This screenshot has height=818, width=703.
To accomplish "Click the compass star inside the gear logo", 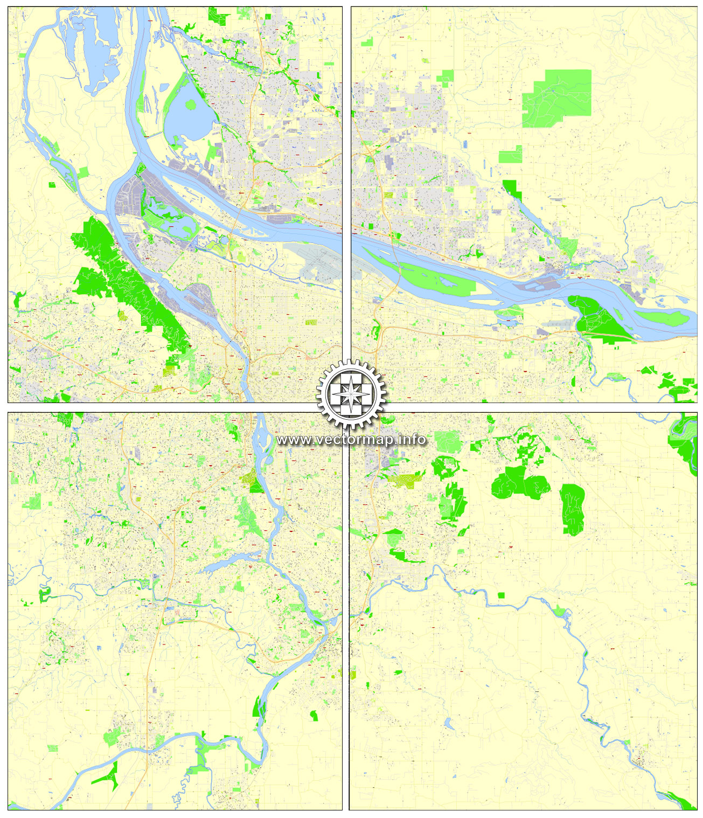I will pyautogui.click(x=351, y=393).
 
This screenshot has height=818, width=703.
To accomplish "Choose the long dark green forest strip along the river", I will pyautogui.click(x=132, y=280).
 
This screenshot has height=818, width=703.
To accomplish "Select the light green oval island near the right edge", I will pyautogui.click(x=663, y=318).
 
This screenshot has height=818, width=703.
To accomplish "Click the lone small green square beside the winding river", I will pyautogui.click(x=502, y=595).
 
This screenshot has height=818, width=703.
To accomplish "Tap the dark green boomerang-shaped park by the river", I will pyautogui.click(x=110, y=776).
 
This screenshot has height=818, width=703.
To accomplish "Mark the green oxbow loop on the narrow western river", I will pyautogui.click(x=44, y=594).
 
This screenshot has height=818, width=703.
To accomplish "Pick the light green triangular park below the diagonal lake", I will pyautogui.click(x=568, y=246).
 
